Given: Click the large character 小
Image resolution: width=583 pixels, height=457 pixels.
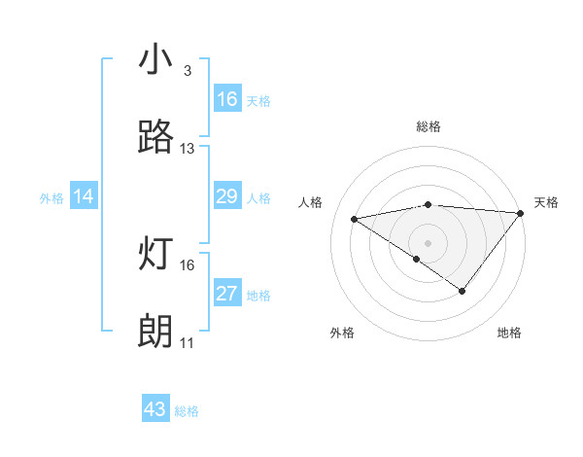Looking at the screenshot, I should tap(156, 60).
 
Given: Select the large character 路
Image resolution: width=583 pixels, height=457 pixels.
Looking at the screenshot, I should tap(156, 138).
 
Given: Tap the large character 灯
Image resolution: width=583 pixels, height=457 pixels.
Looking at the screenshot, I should tap(156, 255).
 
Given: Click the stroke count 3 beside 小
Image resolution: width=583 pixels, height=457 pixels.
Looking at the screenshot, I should tap(187, 71).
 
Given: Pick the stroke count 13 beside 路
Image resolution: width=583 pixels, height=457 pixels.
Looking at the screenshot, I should tap(188, 149).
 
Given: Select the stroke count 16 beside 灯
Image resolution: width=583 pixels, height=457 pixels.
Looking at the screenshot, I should tap(188, 264).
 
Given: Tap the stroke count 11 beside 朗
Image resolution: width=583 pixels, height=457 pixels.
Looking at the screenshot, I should tap(188, 343).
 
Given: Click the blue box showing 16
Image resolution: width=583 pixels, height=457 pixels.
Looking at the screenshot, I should tap(226, 99).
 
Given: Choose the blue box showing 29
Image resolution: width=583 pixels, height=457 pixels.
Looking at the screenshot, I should tap(226, 196).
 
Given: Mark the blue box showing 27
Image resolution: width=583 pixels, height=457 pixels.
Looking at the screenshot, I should tap(226, 294).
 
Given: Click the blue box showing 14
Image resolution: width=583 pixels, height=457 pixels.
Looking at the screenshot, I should tap(84, 196).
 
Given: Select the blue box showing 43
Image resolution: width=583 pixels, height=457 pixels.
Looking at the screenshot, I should tap(155, 409).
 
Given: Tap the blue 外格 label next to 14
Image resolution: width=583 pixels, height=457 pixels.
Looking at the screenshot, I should tap(51, 198).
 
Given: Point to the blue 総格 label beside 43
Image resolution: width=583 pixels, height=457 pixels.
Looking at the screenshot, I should tap(187, 411).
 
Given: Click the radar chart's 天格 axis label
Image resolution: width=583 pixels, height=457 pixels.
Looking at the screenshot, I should tap(547, 202).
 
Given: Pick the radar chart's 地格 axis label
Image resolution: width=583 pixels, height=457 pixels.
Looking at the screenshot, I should tap(509, 333).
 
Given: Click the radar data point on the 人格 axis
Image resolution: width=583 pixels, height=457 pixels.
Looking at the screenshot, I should tap(355, 218).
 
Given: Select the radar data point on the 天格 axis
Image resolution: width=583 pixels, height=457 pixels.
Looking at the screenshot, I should tap(522, 212).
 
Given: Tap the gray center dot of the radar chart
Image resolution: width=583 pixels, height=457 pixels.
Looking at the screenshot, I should tap(428, 241).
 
